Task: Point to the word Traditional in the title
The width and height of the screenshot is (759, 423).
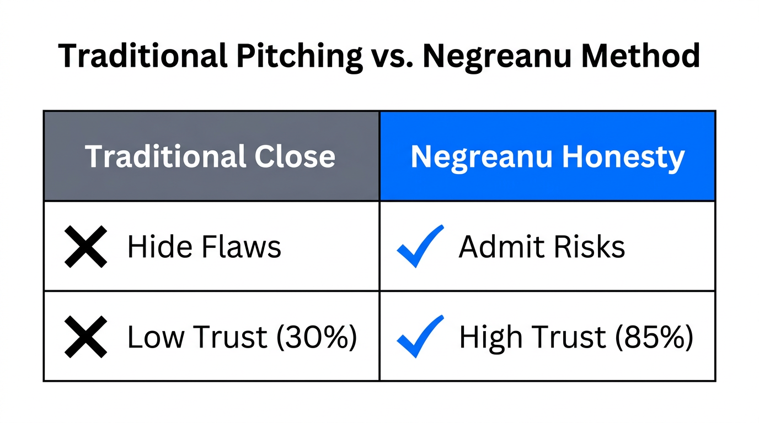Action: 142,56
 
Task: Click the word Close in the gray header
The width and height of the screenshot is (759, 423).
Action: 295,156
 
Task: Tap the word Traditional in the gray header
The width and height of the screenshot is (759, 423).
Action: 165,156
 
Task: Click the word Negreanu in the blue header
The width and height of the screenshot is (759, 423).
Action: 483,156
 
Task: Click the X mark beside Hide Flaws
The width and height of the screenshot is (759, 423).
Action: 85,247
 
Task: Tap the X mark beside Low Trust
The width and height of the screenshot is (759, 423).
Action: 85,337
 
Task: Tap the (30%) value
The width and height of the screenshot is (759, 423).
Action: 316,337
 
